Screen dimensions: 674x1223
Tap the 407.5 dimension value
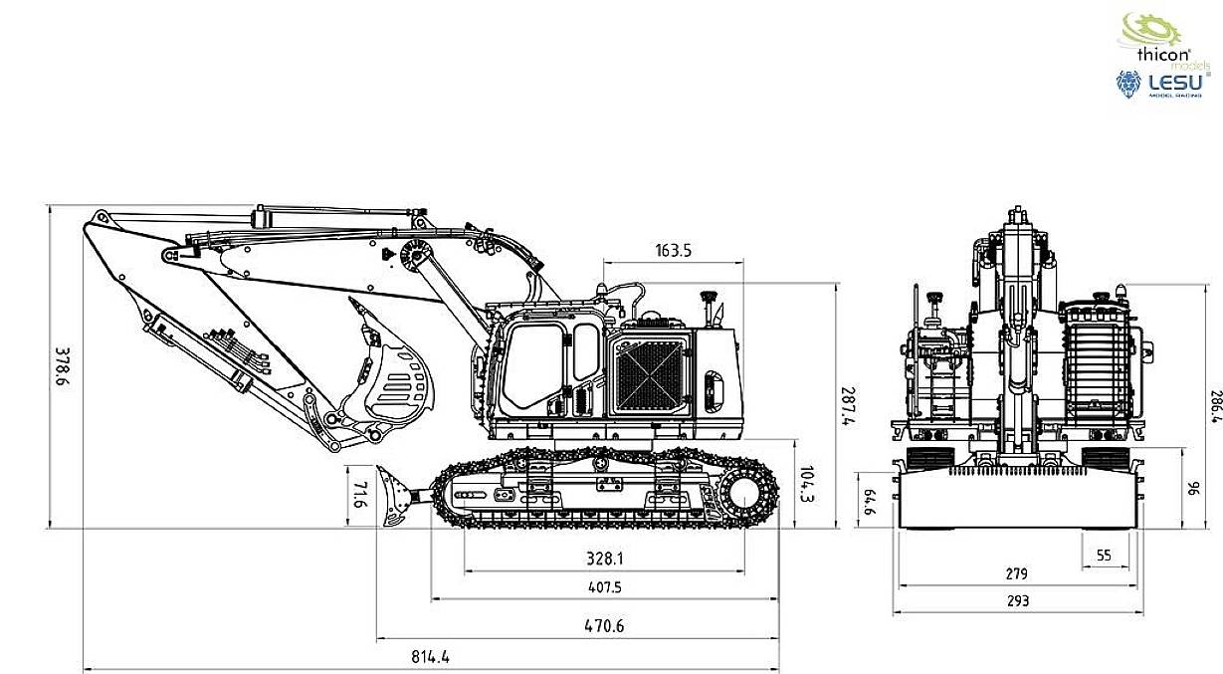(604, 588)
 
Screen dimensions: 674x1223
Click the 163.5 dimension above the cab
(674, 250)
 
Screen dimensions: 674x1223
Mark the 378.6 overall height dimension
(62, 368)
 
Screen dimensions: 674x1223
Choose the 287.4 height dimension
(846, 407)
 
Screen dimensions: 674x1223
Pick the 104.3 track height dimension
(808, 482)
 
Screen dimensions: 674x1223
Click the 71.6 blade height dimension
(359, 496)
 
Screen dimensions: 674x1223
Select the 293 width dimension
(1017, 600)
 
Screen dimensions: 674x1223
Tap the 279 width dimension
(1017, 574)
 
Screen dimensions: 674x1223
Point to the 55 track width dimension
(1103, 556)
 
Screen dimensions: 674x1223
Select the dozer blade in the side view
(395, 495)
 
